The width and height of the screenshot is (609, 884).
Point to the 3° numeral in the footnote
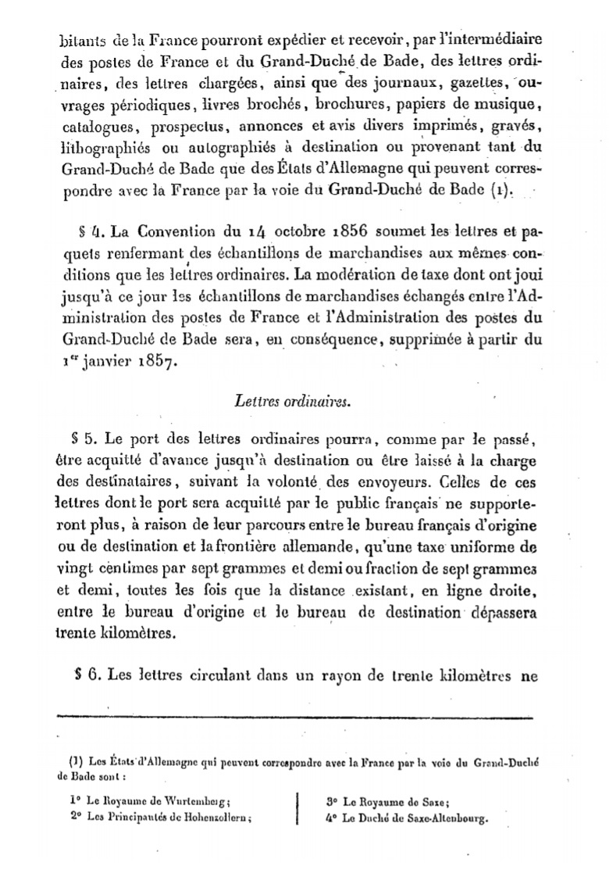pos(328,801)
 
